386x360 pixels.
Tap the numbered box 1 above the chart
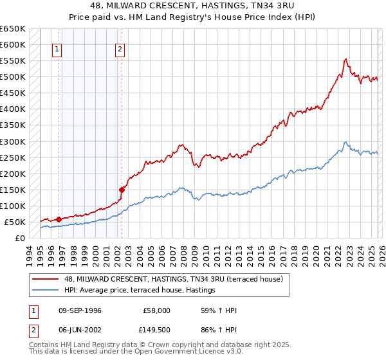pos(58,49)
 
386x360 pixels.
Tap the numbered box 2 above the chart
pos(120,49)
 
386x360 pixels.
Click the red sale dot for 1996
pos(59,219)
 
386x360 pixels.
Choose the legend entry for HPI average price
pos(139,291)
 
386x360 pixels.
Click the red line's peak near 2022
pos(345,59)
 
